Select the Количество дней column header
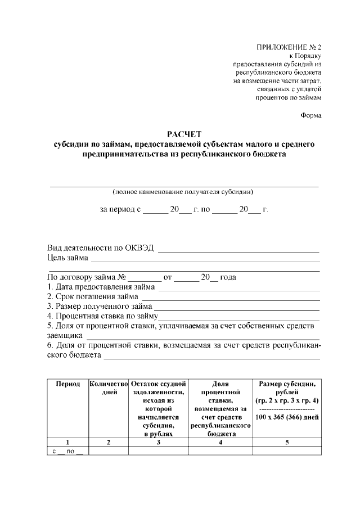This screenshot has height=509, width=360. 109,388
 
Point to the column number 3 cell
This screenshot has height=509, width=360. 158,442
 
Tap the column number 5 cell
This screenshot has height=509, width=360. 287,442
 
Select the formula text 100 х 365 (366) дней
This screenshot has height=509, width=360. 287,417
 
